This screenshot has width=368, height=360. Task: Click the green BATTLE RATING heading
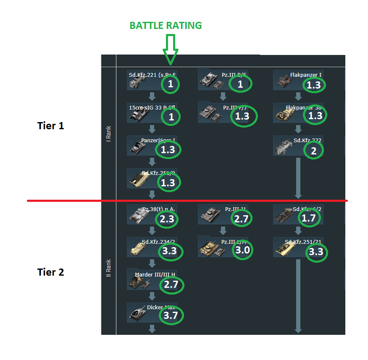coord(166,26)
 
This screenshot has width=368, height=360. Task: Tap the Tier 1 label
coord(51,125)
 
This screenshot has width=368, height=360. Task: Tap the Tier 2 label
coord(51,272)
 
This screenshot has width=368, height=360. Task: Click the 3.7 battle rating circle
coord(171,315)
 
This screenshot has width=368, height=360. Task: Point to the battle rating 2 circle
coord(314,151)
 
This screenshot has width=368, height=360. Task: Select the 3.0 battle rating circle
coord(242,250)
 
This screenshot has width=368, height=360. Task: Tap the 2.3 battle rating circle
coord(167,219)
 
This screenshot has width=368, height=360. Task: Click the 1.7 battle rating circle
coord(311,217)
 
